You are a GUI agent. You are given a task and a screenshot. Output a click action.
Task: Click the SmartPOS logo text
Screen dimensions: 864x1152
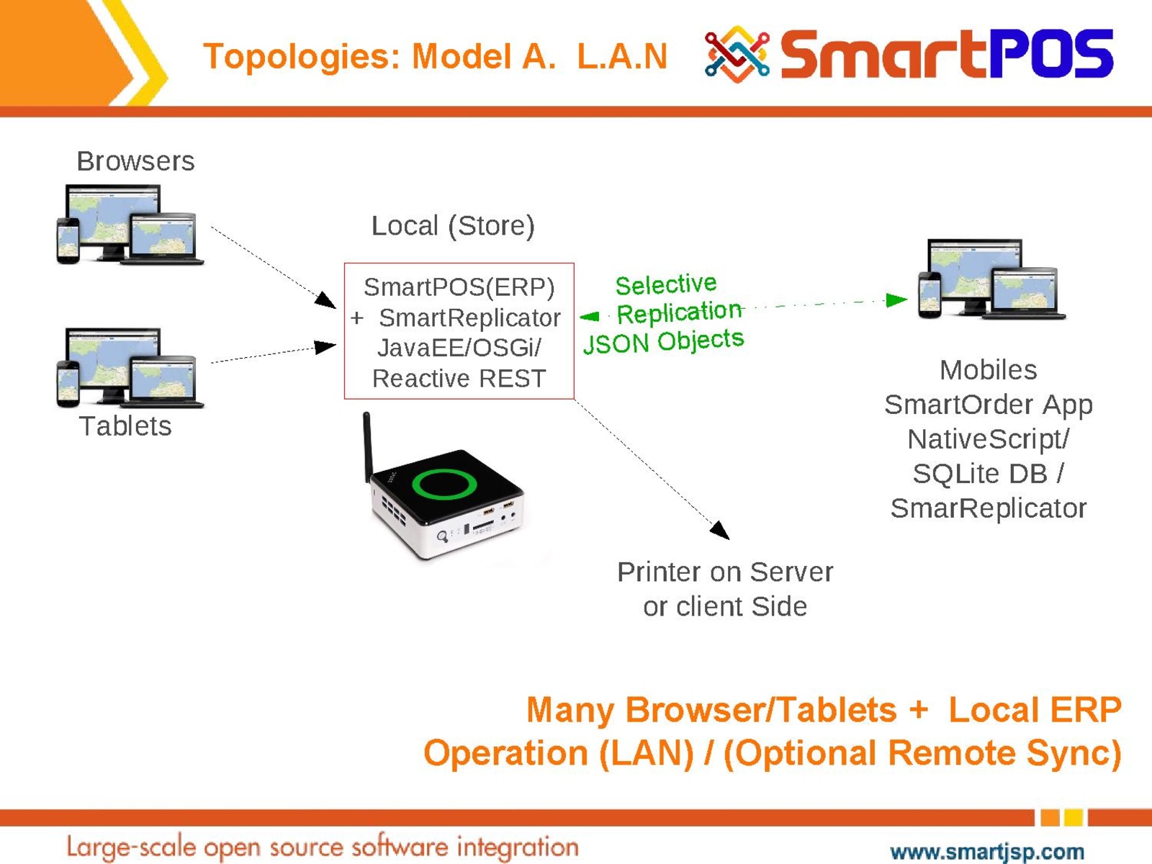(x=946, y=54)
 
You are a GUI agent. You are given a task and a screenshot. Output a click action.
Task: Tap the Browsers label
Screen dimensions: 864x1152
(x=135, y=161)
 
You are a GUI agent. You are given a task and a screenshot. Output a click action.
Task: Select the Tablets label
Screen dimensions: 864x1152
(x=125, y=426)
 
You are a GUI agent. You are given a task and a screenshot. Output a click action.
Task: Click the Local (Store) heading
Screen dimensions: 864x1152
(x=453, y=226)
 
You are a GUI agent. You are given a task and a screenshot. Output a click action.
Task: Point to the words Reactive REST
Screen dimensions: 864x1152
(x=459, y=379)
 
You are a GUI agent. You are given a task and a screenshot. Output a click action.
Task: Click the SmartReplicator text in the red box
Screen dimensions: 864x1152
(x=469, y=318)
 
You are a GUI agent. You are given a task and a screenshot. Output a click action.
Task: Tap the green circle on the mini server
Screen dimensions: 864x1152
(x=444, y=484)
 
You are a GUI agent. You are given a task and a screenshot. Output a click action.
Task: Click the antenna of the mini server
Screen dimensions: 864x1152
(x=367, y=446)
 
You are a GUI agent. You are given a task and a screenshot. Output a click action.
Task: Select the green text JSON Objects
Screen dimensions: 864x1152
(x=663, y=341)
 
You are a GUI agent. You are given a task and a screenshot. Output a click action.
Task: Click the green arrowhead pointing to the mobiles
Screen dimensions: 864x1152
(x=896, y=300)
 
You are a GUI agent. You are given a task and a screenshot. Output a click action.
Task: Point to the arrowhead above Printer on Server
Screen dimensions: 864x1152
(x=720, y=531)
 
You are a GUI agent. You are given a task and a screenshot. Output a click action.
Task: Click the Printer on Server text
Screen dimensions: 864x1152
(x=725, y=572)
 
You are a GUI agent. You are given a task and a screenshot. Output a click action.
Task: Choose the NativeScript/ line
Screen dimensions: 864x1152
(x=988, y=439)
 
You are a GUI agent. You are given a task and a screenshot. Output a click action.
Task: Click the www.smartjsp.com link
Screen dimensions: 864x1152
(x=987, y=852)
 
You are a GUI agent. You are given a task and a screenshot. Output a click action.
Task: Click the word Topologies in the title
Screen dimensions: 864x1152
(x=301, y=56)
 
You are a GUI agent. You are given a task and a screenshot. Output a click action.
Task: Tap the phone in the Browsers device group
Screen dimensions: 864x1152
(x=68, y=240)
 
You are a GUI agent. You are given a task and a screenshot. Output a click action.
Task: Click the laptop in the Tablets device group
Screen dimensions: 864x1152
(x=163, y=381)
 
